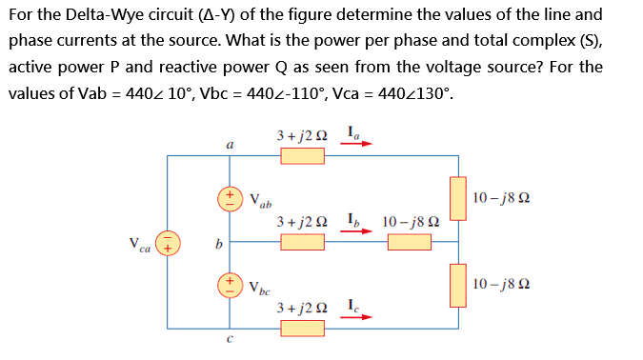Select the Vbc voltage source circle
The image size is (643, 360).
click(x=230, y=285)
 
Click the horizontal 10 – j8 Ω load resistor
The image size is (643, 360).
click(x=409, y=242)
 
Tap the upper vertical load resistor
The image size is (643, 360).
click(x=459, y=198)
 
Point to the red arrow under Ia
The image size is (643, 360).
click(x=359, y=147)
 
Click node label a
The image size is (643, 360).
click(x=230, y=145)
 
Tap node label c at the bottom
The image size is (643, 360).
click(x=230, y=341)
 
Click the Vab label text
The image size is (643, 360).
click(x=260, y=201)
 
